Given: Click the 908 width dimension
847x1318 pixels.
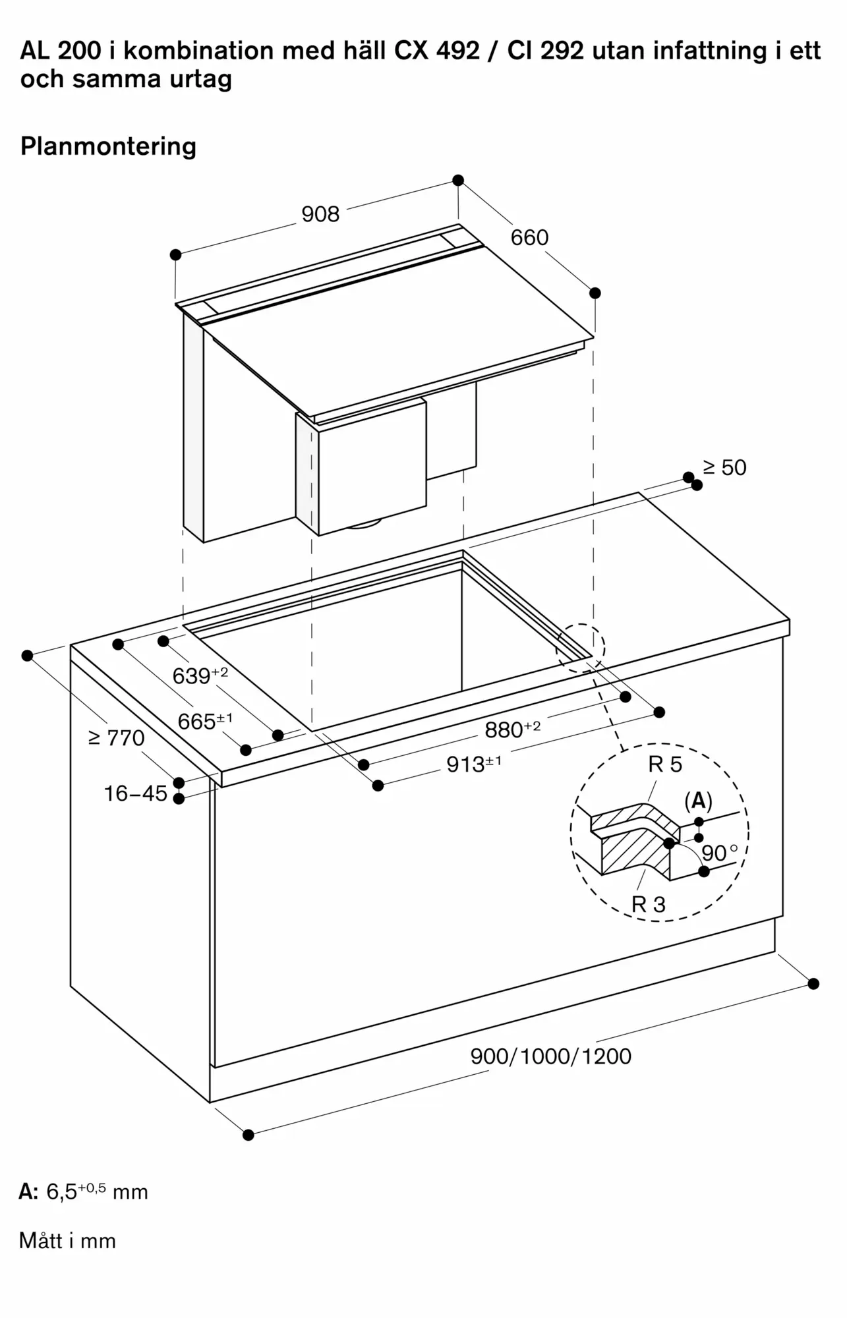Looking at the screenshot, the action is pos(320,214).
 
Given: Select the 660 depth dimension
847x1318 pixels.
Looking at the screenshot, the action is pos(529,237).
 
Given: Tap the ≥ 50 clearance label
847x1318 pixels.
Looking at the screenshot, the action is pos(724,468).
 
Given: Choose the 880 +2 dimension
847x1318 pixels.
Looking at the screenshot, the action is pos(512,730).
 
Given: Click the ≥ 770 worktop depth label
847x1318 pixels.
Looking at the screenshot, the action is pos(117,738).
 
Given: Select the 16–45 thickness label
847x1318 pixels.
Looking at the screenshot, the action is pos(136,793).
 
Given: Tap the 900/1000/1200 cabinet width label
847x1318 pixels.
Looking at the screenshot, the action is pos(550,1056).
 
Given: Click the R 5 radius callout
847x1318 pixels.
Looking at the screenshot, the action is pos(665,764).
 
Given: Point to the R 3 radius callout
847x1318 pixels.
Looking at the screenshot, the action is pos(649,904).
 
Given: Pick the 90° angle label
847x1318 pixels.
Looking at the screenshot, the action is pos(719,853).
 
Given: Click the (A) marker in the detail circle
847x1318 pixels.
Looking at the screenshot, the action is pos(698,801).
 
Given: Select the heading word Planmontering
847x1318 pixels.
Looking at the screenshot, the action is pos(109,146).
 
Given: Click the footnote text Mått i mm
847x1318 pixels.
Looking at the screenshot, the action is pos(68,1241).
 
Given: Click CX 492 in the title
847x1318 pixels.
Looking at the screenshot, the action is pos(437,51).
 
